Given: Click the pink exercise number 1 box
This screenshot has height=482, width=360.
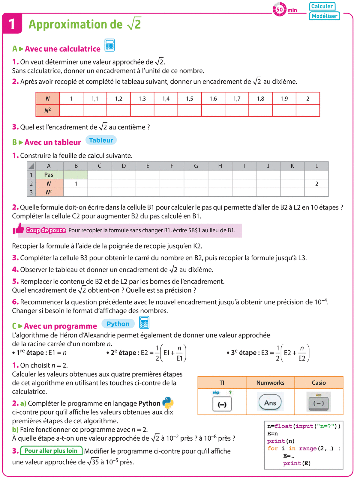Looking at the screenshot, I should click(12, 24).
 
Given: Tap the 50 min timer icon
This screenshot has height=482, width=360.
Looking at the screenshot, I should click(279, 10).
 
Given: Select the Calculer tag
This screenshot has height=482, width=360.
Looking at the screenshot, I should click(322, 6).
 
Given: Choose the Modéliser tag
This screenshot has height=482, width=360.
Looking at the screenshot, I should click(324, 16).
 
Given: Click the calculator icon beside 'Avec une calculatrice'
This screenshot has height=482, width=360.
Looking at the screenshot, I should click(109, 45).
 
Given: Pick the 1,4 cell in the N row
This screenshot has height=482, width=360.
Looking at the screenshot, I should click(166, 99).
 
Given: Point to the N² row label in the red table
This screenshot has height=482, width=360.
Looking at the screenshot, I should click(48, 110).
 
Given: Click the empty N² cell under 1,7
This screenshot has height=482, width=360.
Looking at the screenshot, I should click(237, 110).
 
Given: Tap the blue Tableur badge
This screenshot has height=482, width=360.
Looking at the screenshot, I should click(101, 140).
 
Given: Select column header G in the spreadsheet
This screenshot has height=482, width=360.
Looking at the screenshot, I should click(196, 166).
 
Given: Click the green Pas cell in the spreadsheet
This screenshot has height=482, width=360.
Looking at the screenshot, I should click(49, 175).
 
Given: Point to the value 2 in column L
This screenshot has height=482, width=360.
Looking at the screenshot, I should click(316, 184).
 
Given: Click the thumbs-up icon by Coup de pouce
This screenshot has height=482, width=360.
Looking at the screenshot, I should click(19, 229).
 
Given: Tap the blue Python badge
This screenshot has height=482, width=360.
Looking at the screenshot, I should click(118, 324).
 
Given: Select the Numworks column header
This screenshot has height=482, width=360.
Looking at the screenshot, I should click(270, 383).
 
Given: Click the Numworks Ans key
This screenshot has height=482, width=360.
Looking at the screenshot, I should click(270, 402).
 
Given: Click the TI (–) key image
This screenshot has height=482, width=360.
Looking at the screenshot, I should click(222, 404).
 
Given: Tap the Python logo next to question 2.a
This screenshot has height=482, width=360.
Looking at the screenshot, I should click(168, 403).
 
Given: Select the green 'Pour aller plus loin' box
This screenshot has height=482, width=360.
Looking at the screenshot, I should click(51, 451).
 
